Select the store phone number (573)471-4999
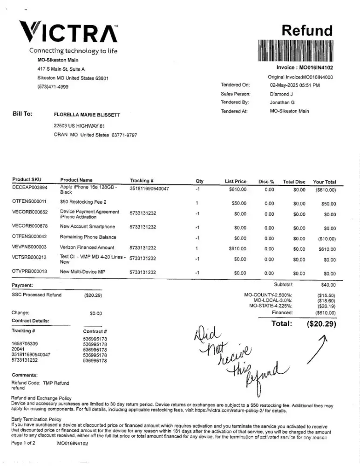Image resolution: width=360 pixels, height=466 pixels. click(x=53, y=87)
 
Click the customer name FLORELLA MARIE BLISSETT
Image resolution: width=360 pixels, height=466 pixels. click(x=87, y=115)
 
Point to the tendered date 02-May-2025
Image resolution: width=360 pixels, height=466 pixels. click(x=294, y=85)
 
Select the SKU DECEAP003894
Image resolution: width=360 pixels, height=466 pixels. click(x=30, y=188)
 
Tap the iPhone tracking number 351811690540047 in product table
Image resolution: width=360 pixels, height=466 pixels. click(x=149, y=189)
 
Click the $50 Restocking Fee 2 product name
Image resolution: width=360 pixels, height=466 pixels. click(x=83, y=202)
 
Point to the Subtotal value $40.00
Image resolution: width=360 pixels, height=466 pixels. click(x=328, y=285)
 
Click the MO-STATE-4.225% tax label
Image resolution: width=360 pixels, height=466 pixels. click(x=271, y=306)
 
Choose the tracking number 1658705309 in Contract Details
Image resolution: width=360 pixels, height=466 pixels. click(x=25, y=344)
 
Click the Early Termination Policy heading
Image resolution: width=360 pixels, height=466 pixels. click(x=36, y=419)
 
